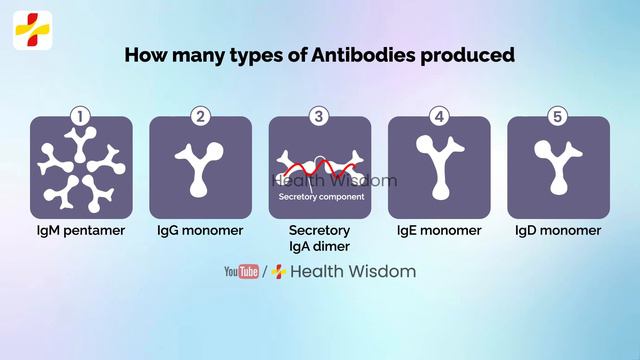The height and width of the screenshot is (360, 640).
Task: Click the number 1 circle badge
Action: [x=81, y=117]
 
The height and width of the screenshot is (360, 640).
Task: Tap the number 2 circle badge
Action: [x=200, y=117]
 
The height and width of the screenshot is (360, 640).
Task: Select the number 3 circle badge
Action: [x=319, y=117]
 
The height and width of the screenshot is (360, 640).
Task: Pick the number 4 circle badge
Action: [x=438, y=117]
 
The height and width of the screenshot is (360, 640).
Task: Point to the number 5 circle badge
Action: [x=558, y=117]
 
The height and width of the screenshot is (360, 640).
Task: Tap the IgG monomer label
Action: [x=200, y=230]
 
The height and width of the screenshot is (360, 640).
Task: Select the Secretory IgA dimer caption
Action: [x=319, y=237]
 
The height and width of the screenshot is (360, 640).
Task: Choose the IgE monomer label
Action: [x=438, y=230]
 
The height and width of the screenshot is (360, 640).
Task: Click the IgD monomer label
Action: [x=558, y=230]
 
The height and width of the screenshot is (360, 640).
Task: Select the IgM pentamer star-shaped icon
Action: [x=81, y=168]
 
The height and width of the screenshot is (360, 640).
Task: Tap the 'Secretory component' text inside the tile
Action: [x=320, y=197]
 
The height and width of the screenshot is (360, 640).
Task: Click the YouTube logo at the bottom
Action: [x=241, y=271]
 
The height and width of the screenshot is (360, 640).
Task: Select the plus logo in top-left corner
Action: [x=32, y=30]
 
